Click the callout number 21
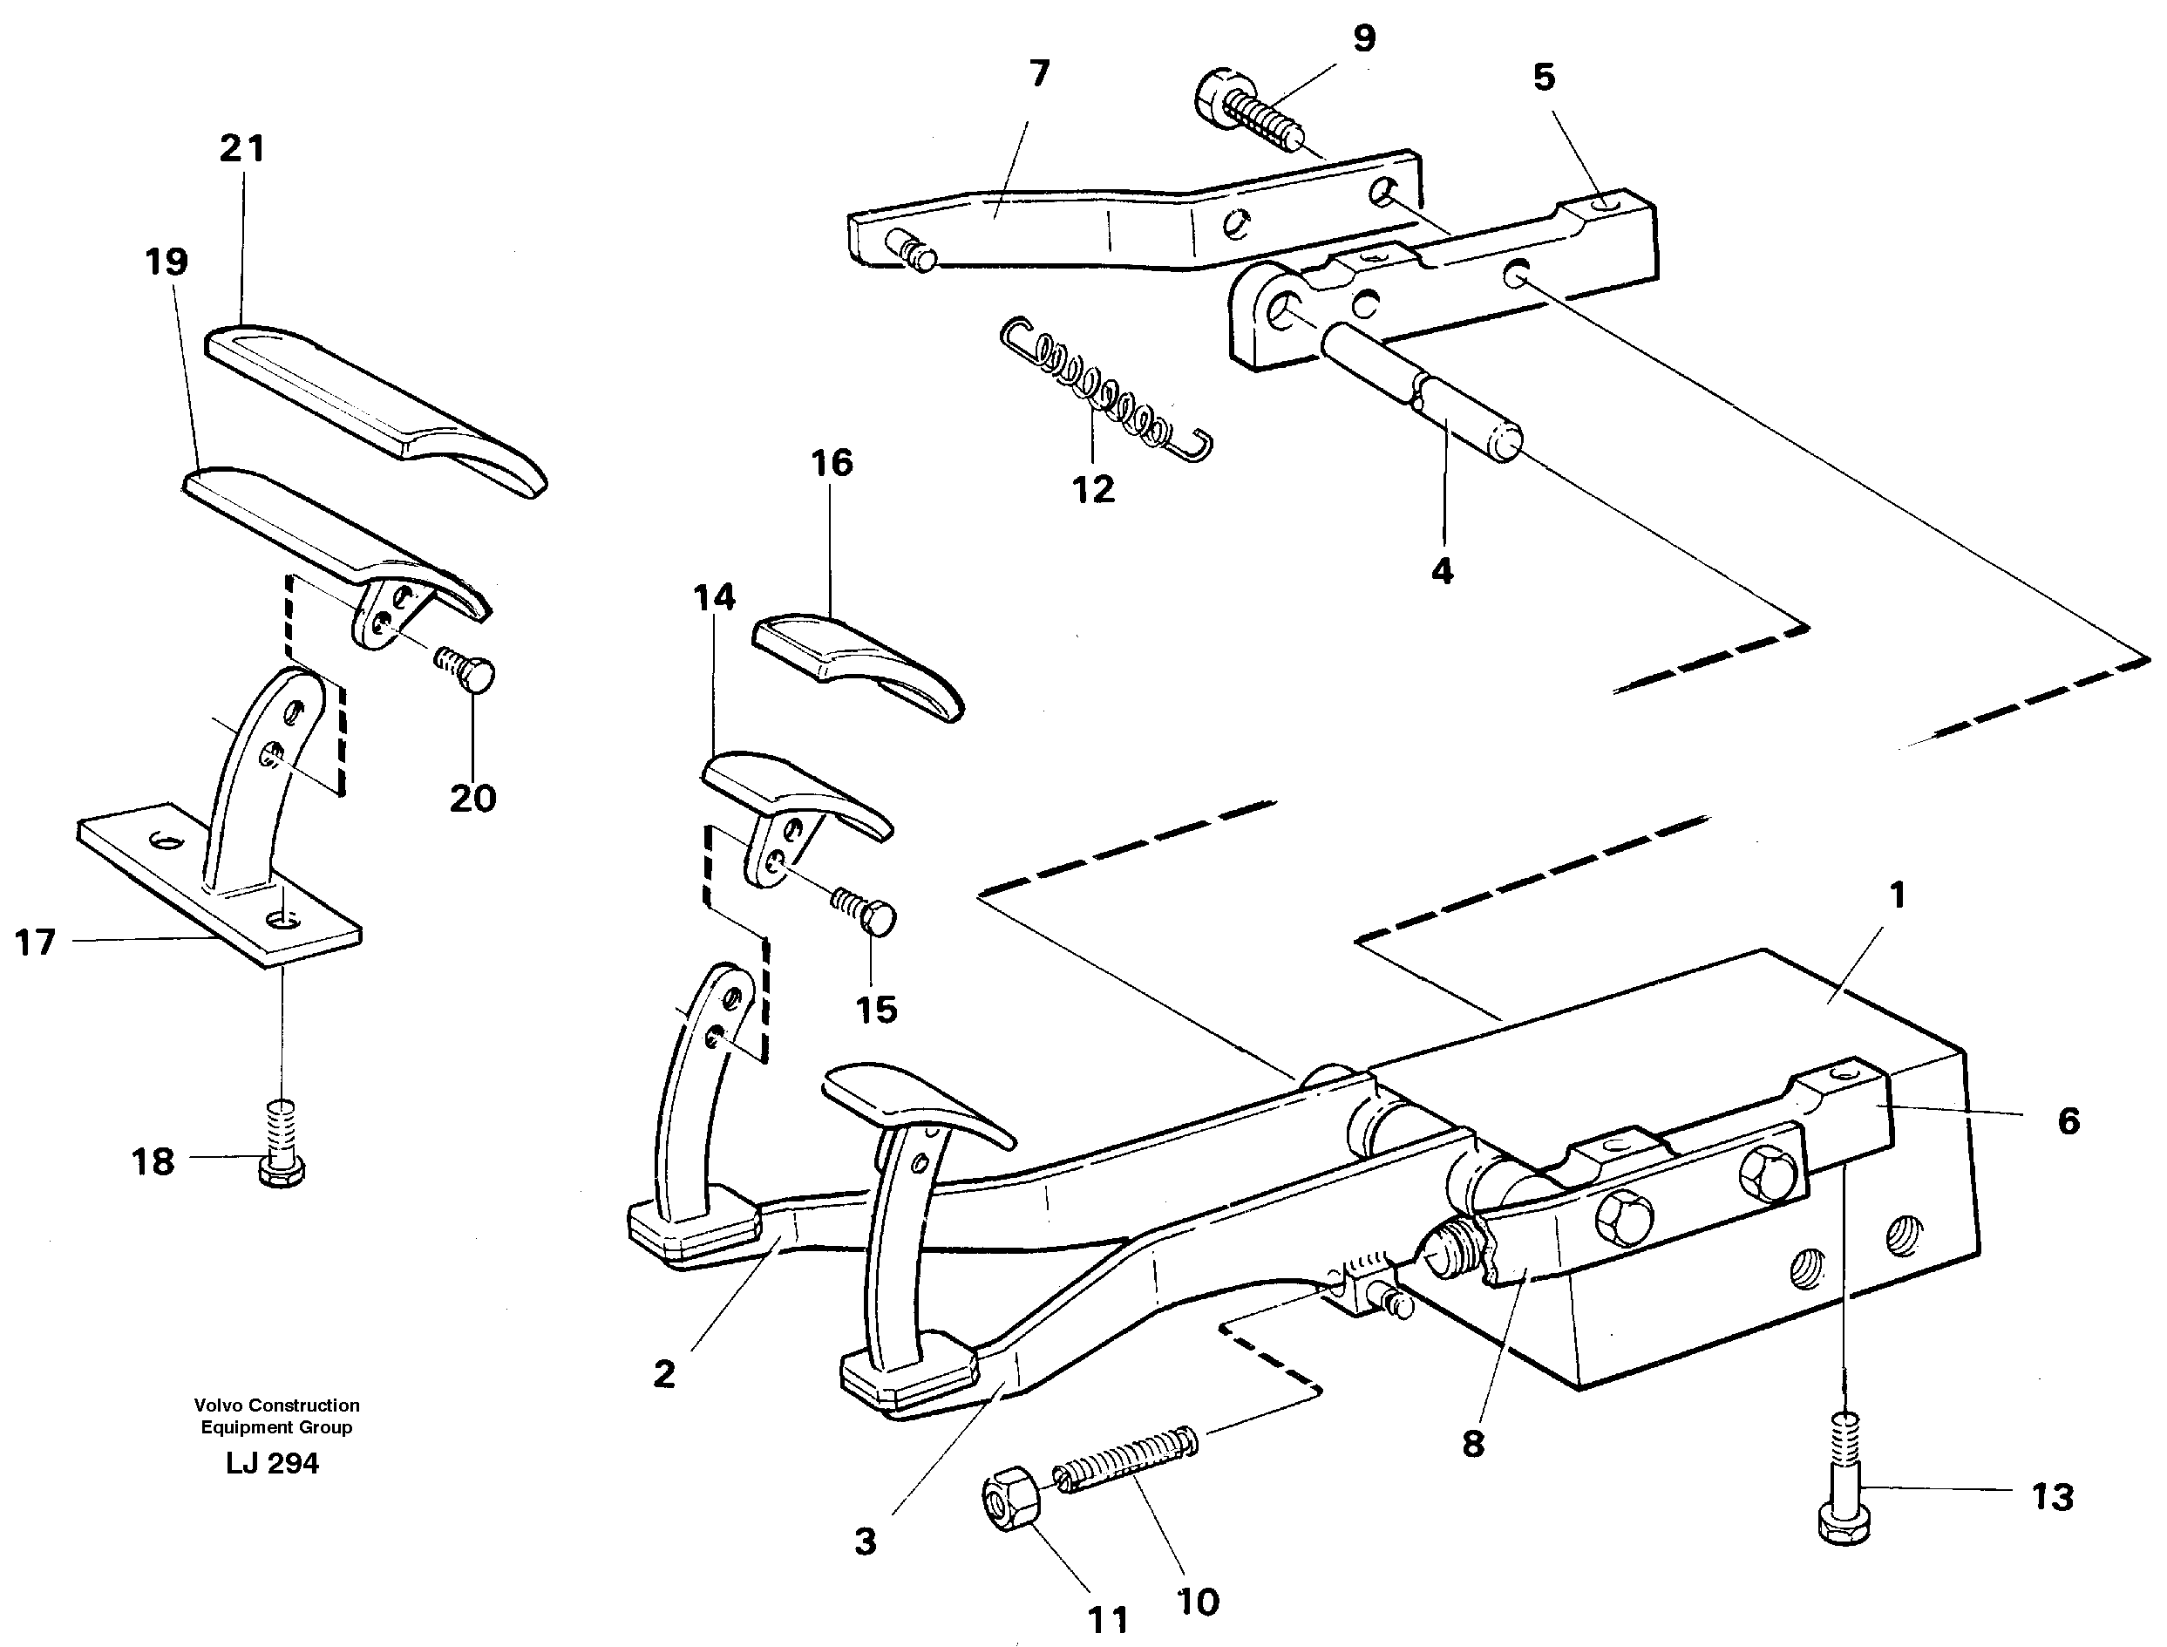[242, 149]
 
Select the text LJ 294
[273, 1464]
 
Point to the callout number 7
[1040, 72]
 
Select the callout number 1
[1898, 895]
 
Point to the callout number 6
[2068, 1120]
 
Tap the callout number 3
[865, 1542]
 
